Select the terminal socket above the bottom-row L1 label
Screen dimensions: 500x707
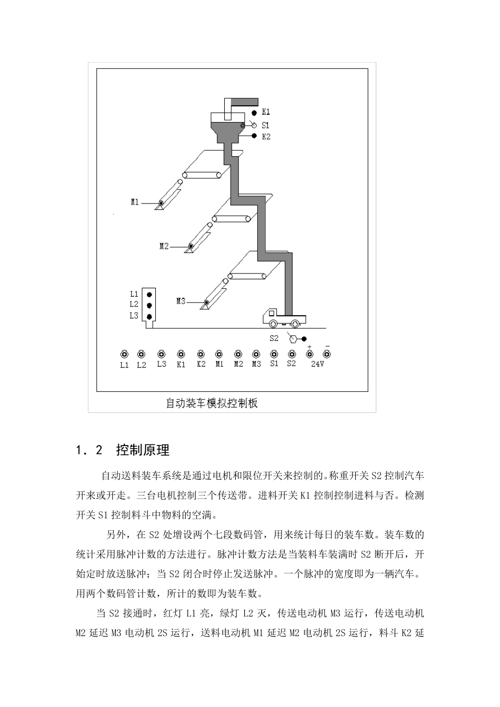click(124, 354)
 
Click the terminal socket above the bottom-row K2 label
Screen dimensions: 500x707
click(201, 354)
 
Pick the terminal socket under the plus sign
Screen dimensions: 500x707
click(309, 354)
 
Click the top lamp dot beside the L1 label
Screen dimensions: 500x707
click(150, 294)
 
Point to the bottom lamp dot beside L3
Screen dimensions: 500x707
click(150, 316)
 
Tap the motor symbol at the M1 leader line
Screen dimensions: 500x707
click(161, 203)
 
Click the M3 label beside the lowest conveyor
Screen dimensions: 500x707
click(181, 301)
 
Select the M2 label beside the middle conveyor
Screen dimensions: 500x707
click(164, 246)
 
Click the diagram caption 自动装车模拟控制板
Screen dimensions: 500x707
click(212, 403)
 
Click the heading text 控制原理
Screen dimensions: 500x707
click(143, 450)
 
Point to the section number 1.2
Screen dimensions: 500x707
click(88, 451)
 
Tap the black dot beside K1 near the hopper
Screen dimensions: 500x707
click(253, 113)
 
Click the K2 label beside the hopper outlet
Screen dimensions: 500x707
click(266, 137)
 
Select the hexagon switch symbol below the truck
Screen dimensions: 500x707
click(294, 339)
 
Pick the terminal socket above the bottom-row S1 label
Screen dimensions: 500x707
click(274, 354)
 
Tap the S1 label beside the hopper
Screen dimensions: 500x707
click(266, 125)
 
